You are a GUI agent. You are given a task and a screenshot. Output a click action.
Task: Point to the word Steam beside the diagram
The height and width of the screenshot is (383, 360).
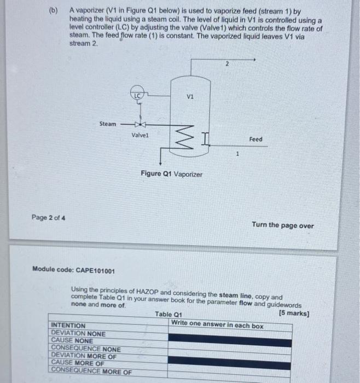click(x=108, y=124)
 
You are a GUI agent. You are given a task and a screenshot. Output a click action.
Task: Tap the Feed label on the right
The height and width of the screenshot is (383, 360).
click(x=256, y=140)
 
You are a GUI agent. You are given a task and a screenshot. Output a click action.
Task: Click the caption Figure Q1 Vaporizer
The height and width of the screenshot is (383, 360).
click(x=171, y=174)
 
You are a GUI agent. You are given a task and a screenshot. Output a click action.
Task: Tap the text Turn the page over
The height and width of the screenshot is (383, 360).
click(x=282, y=225)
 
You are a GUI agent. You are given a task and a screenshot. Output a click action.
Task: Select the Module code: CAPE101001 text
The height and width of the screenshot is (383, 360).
click(x=74, y=270)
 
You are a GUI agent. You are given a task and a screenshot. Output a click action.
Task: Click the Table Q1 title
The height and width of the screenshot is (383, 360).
click(x=167, y=315)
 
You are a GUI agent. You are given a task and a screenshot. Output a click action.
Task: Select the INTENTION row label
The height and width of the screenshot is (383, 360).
click(x=68, y=326)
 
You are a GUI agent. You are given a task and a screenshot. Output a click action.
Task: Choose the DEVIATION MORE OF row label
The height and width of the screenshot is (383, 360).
click(x=83, y=356)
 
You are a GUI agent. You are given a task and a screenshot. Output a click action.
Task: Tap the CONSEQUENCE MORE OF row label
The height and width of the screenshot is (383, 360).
click(x=91, y=371)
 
